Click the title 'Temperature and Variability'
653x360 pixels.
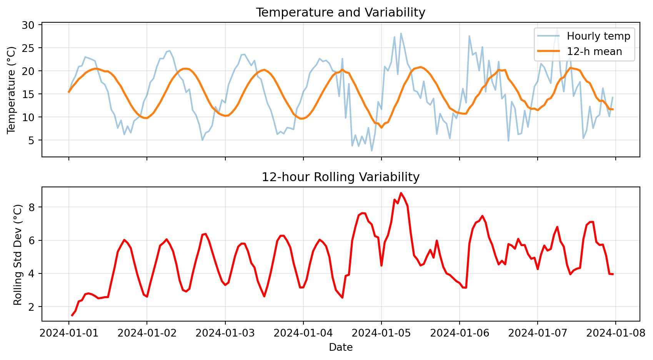coord(340,13)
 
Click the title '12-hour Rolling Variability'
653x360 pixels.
coord(340,177)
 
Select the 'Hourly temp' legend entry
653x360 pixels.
coord(598,36)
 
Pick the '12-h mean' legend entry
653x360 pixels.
coord(594,52)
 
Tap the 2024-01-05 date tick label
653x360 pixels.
coord(381,333)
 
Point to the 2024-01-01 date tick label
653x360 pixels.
coord(69,333)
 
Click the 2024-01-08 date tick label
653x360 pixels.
coord(615,333)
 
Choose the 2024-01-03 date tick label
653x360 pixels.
coord(225,333)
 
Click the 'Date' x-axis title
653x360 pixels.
coord(340,348)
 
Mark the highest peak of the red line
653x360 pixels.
coord(401,193)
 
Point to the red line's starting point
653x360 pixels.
coord(72,316)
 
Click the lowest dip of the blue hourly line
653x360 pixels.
coord(371,151)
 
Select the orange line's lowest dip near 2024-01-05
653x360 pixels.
coord(381,128)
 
